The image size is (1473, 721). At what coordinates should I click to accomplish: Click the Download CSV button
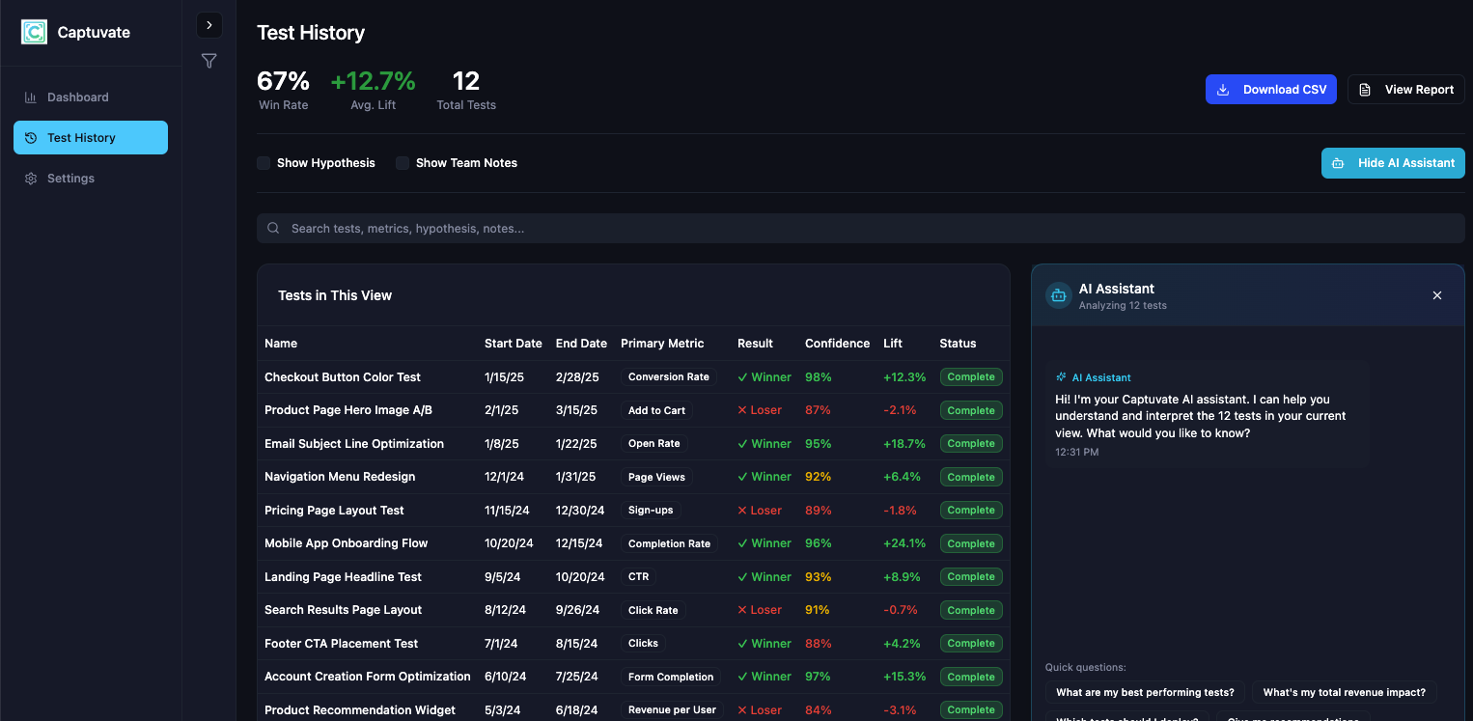pyautogui.click(x=1270, y=90)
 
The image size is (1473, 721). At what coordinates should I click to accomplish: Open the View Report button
pyautogui.click(x=1405, y=90)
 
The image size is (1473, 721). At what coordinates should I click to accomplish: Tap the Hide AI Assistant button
pyautogui.click(x=1392, y=163)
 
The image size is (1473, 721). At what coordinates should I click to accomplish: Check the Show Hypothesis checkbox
pyautogui.click(x=264, y=163)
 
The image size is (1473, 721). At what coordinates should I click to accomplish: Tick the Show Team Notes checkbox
pyautogui.click(x=403, y=163)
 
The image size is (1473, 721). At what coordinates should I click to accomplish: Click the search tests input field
pyautogui.click(x=859, y=229)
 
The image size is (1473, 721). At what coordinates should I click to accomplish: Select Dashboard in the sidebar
pyautogui.click(x=77, y=97)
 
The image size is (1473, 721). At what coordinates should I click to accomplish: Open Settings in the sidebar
pyautogui.click(x=70, y=179)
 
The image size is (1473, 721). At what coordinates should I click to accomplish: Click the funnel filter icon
pyautogui.click(x=208, y=61)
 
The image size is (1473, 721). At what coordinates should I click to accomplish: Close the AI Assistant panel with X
pyautogui.click(x=1436, y=295)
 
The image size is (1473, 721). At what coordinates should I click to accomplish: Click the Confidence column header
pyautogui.click(x=837, y=344)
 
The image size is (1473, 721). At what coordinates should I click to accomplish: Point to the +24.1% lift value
pyautogui.click(x=904, y=543)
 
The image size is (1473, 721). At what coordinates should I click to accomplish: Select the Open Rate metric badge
pyautogui.click(x=653, y=444)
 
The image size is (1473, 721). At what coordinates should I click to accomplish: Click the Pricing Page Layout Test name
pyautogui.click(x=334, y=511)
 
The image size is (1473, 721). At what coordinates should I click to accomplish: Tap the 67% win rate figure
pyautogui.click(x=283, y=81)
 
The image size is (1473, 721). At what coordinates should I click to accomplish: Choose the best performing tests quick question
pyautogui.click(x=1145, y=692)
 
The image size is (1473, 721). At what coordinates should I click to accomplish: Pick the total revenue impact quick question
pyautogui.click(x=1344, y=692)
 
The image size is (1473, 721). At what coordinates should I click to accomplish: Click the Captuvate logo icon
pyautogui.click(x=34, y=32)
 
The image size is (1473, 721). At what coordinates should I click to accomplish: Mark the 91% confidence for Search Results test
pyautogui.click(x=817, y=610)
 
